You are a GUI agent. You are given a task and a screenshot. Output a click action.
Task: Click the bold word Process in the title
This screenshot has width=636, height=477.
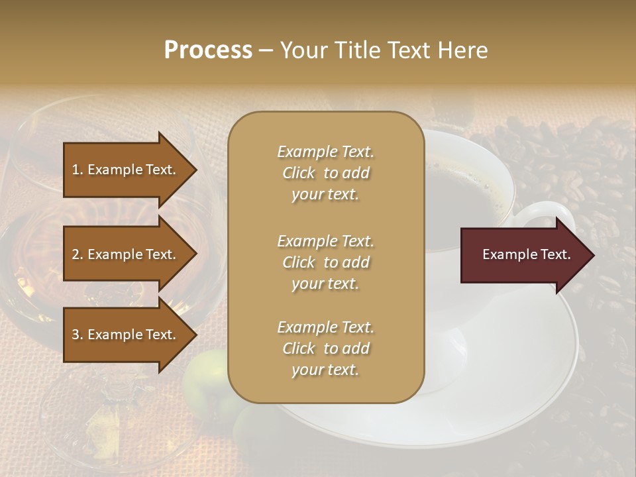point(208,50)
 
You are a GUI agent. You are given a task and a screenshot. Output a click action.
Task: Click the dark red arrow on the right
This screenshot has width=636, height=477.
point(523,255)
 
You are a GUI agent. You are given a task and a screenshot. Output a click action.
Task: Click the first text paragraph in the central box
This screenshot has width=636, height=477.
point(325,173)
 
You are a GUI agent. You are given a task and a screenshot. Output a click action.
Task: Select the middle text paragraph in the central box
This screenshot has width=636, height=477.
point(325,262)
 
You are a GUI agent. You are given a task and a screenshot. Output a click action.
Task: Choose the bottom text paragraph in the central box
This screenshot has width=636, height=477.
point(325,348)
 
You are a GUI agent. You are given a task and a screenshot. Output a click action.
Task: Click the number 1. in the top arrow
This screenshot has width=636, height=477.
point(78,170)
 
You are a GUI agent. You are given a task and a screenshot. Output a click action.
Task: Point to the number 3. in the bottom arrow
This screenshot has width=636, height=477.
point(78,335)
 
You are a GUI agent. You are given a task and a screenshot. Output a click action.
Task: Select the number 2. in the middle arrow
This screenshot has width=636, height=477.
point(78,254)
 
